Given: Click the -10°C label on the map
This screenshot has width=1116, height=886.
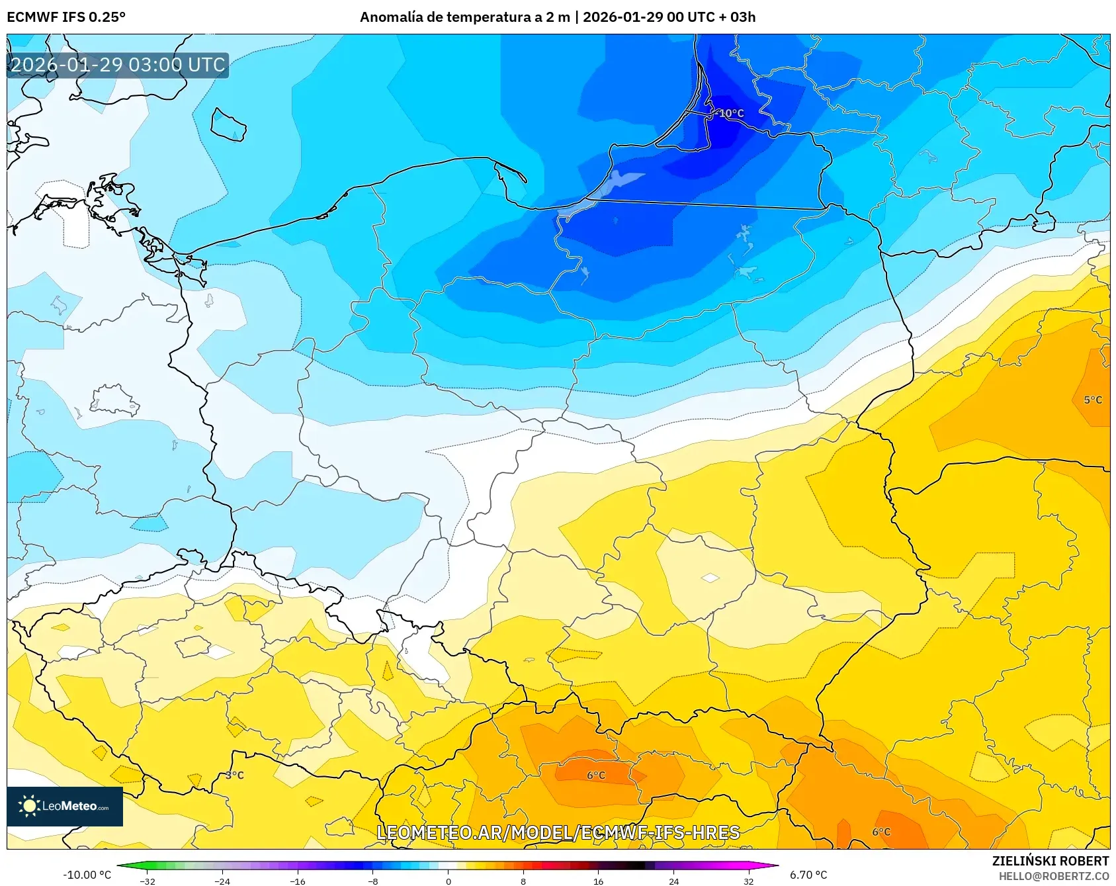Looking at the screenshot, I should (x=731, y=113).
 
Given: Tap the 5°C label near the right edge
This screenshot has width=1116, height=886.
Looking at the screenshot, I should (x=1093, y=400).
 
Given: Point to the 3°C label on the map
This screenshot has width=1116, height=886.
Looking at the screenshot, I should (x=235, y=775).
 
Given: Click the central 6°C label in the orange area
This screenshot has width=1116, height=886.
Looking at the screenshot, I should (x=596, y=775).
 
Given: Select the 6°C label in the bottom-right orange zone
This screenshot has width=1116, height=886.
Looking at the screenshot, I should (x=881, y=832).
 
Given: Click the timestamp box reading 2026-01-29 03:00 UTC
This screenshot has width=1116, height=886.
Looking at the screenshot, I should (x=118, y=65).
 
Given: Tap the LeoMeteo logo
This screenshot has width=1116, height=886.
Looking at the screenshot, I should (x=64, y=806).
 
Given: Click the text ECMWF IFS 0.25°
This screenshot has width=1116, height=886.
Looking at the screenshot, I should (x=66, y=17).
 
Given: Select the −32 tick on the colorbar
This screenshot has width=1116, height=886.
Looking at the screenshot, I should (x=148, y=881).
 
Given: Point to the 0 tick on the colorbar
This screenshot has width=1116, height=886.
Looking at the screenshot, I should (x=448, y=881).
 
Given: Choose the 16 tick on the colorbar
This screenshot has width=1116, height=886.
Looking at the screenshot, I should (x=598, y=881).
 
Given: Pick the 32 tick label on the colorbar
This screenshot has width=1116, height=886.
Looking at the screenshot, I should (x=748, y=881).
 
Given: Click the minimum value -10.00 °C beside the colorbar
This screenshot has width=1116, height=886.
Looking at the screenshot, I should (x=87, y=875).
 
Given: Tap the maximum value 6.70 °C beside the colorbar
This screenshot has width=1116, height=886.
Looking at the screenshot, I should (x=808, y=875).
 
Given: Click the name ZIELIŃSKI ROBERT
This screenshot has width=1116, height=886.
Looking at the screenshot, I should (x=1050, y=861).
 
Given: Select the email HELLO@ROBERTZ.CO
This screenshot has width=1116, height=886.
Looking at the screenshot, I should (x=1053, y=876).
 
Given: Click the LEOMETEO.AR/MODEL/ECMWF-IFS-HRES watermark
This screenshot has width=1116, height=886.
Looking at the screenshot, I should (x=558, y=832).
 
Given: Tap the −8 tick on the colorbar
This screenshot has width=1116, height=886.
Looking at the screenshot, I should (x=373, y=881).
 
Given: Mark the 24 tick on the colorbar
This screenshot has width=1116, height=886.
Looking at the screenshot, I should (x=673, y=881).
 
